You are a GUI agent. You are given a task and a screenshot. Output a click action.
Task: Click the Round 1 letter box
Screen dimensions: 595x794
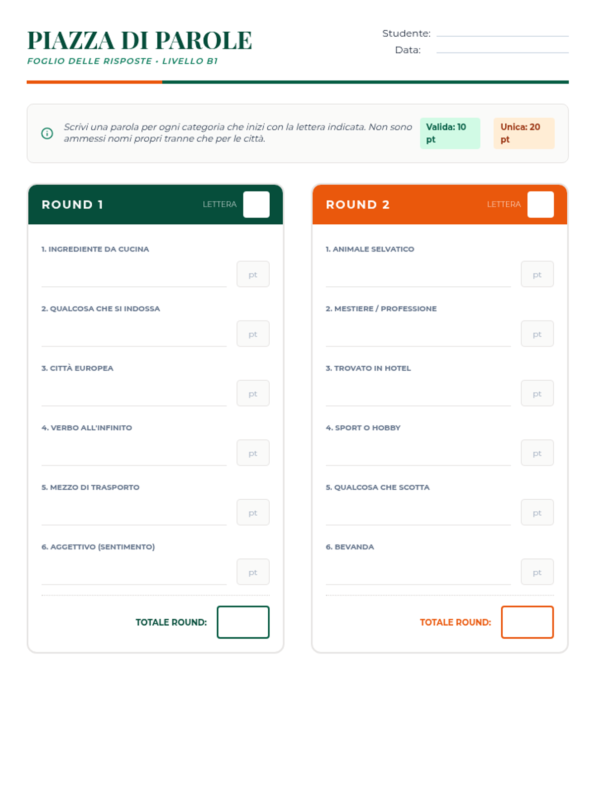(256, 204)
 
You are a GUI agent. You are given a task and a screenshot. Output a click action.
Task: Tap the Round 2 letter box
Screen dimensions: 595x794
(540, 204)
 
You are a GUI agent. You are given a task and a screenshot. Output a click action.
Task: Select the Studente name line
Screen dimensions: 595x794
(502, 36)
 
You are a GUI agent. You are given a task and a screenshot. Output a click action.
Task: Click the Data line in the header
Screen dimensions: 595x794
(502, 53)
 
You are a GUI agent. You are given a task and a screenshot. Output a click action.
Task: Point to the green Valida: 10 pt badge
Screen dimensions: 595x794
(450, 133)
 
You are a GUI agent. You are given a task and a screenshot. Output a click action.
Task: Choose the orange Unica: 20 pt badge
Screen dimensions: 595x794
(524, 133)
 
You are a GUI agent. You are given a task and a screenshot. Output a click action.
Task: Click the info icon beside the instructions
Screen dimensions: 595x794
(47, 133)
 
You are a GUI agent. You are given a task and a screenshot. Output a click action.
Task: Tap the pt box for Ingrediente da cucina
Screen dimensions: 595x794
(253, 274)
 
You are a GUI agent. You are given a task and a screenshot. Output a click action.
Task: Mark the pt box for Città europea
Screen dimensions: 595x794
(253, 393)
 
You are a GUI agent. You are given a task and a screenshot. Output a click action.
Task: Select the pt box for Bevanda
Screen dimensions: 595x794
(537, 572)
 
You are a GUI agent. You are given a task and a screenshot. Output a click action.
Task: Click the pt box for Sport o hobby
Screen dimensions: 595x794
(537, 453)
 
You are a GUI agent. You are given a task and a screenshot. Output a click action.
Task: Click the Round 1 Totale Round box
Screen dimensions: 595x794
(243, 622)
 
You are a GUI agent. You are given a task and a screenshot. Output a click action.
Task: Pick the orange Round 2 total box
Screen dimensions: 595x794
(528, 622)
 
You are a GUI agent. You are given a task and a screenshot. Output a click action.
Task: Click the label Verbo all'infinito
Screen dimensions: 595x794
(87, 428)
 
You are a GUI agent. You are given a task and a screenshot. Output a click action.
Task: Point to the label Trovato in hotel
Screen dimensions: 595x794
(368, 368)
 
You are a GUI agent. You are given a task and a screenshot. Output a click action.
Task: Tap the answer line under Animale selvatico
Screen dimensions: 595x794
(418, 287)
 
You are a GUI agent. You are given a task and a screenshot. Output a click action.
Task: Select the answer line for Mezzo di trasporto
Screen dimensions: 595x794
(134, 525)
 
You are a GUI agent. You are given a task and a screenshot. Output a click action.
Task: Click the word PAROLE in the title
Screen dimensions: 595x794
(203, 40)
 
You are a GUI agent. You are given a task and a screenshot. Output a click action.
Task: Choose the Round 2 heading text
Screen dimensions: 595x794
(357, 205)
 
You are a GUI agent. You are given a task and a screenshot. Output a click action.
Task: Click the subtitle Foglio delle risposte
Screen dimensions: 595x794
(90, 61)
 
